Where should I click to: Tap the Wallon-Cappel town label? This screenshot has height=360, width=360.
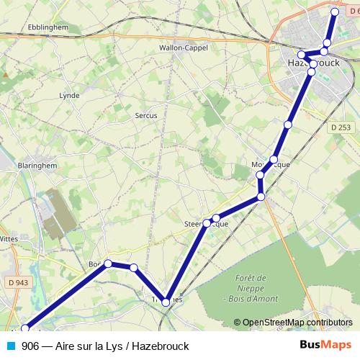click(183, 49)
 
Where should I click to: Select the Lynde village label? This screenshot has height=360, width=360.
click(69, 95)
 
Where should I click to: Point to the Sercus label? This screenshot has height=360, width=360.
click(145, 115)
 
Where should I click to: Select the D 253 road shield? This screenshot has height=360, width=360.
click(342, 127)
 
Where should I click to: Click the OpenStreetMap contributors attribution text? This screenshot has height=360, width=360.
click(297, 323)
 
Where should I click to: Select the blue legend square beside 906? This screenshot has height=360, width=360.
click(9, 346)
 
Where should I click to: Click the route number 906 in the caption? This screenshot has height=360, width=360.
click(30, 346)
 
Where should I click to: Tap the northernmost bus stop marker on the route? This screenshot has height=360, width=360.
click(335, 12)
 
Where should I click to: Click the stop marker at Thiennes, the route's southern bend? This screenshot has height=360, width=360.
click(166, 302)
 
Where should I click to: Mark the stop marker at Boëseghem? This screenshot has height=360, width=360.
click(108, 264)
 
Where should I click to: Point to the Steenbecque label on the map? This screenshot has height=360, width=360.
click(207, 224)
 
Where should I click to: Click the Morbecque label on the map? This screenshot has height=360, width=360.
click(271, 164)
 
